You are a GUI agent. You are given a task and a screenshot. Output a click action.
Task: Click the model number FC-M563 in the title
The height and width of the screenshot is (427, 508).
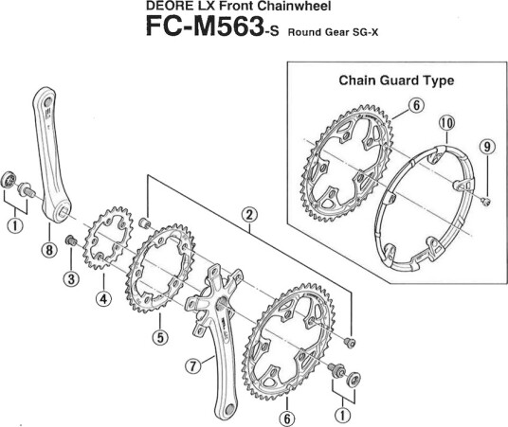(204, 27)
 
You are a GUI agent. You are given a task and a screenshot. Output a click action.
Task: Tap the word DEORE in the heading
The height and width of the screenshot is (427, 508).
(165, 6)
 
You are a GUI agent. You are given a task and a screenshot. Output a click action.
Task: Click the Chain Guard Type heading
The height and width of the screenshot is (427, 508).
(396, 80)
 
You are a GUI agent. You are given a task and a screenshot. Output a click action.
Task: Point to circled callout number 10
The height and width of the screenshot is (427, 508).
(446, 123)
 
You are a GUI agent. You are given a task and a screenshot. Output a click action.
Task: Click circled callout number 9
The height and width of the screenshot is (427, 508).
(487, 147)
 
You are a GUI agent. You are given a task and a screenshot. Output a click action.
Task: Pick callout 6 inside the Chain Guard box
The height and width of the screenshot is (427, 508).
(416, 105)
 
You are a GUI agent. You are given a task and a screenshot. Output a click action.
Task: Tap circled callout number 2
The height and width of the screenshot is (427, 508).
(249, 215)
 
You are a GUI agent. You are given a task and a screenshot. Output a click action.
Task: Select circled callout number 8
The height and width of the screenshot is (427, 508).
(49, 250)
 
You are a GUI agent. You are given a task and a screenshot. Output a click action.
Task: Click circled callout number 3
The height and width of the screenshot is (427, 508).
(71, 278)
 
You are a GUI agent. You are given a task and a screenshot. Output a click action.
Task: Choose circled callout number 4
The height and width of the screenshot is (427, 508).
(103, 298)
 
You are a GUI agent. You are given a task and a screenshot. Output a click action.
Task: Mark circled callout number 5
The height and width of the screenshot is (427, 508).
(160, 337)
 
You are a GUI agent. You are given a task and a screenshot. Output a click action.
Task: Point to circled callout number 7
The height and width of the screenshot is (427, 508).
(193, 366)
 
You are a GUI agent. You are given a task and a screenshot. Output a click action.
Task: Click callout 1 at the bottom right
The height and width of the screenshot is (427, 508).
(343, 415)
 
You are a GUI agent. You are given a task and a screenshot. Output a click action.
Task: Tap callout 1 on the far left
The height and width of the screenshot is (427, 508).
(15, 225)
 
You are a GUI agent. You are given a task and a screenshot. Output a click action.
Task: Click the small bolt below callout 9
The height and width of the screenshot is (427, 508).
(486, 202)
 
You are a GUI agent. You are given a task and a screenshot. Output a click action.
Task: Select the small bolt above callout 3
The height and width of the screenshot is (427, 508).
(71, 240)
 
